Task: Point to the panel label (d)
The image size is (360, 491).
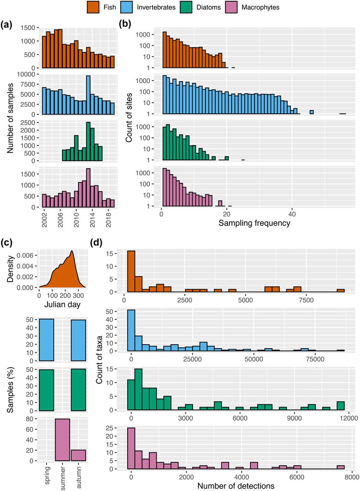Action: pos(97,243)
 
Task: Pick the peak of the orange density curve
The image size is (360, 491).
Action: pos(72,251)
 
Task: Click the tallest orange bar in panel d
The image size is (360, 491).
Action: pos(131,271)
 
